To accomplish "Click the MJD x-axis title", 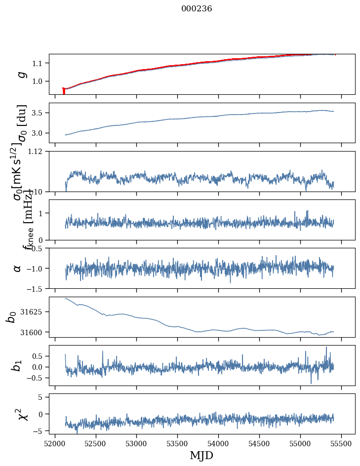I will point(201,456).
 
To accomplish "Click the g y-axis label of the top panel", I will point(21,74).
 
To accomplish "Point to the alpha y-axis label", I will point(18,268).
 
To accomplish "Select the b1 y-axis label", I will point(18,366).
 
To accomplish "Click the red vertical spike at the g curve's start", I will point(64,91).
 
